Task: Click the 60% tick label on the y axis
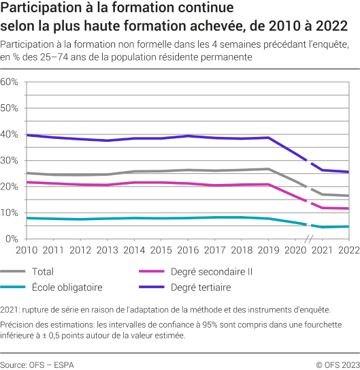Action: (x=9, y=82)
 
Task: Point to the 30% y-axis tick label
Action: (x=9, y=160)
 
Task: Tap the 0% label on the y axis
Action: (x=12, y=238)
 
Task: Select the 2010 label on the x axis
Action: (x=27, y=250)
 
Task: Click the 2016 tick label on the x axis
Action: (x=188, y=250)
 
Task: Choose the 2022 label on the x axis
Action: (x=348, y=250)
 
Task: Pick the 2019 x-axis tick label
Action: (x=268, y=250)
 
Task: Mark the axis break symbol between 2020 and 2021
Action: (x=308, y=239)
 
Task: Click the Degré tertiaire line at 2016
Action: (x=188, y=136)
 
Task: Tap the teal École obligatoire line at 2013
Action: (x=107, y=219)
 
